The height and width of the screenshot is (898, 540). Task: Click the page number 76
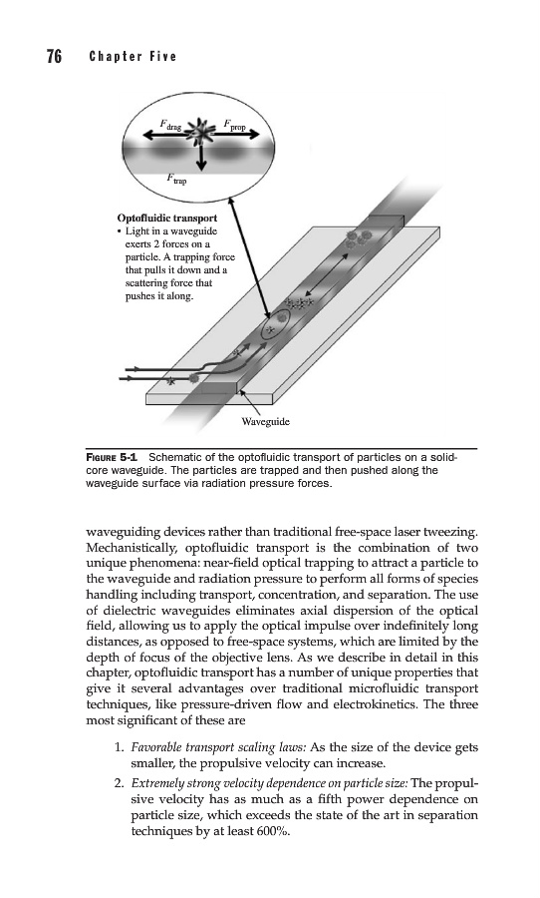coord(55,56)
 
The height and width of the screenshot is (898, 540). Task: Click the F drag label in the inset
coord(171,126)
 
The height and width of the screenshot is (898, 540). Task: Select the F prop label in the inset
coord(234,125)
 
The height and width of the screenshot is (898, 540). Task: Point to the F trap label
coord(176,179)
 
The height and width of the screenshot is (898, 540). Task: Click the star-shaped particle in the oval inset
coord(200,132)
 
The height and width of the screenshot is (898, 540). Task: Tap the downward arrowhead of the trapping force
coord(201,165)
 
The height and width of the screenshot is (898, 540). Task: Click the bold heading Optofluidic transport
coord(167,219)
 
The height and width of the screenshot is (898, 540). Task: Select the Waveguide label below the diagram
coord(265,422)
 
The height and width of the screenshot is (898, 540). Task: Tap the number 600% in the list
coord(274,831)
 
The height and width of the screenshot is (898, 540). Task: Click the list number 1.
coord(119,747)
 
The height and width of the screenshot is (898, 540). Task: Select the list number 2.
coord(119,783)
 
